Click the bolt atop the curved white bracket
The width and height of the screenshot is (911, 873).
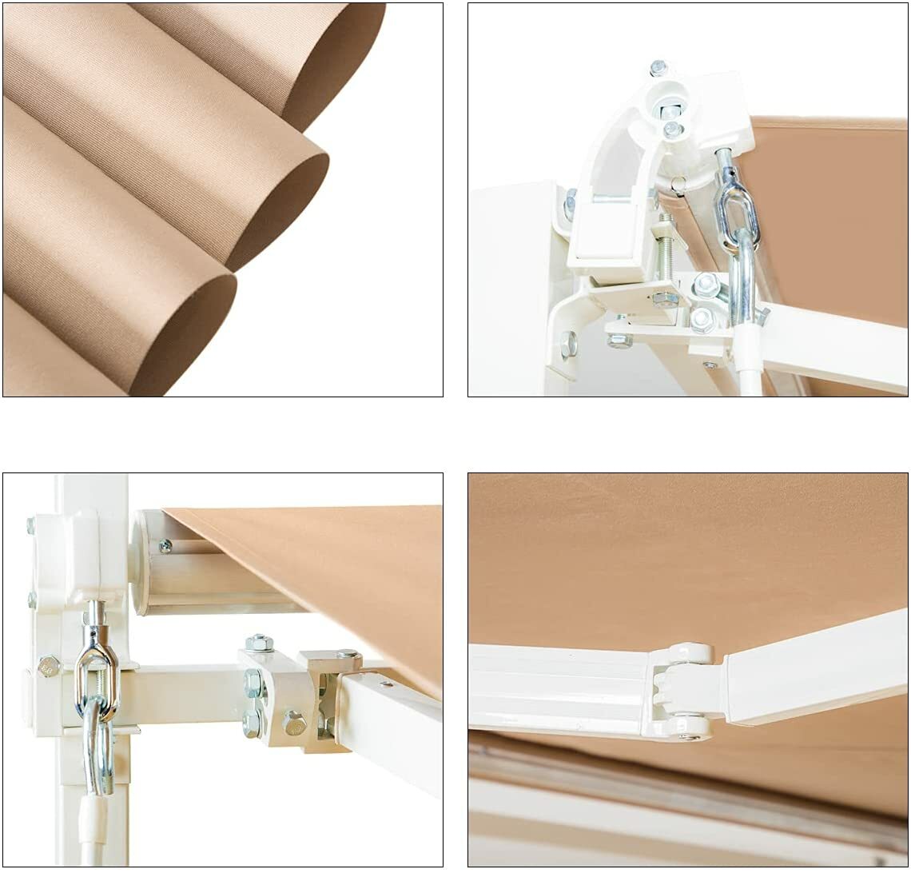pyautogui.click(x=658, y=68)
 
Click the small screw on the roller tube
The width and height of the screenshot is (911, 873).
pyautogui.click(x=166, y=546)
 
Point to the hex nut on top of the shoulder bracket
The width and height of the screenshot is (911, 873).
pyautogui.click(x=259, y=642)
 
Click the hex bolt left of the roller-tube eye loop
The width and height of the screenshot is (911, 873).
pyautogui.click(x=48, y=665)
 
